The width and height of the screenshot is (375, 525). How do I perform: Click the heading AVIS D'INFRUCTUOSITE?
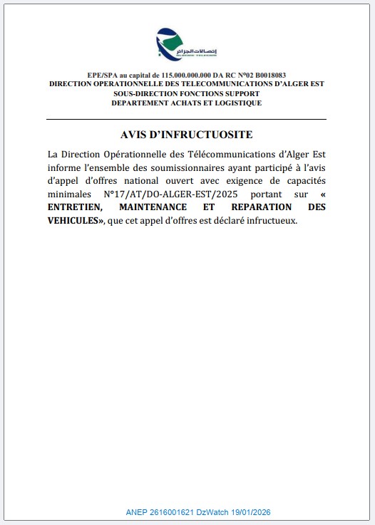(x=187, y=135)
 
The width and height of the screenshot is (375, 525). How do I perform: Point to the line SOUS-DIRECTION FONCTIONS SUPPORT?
(x=187, y=93)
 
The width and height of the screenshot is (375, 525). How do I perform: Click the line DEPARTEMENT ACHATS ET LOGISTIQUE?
(x=187, y=103)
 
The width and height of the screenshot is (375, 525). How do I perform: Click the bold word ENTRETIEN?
(x=76, y=207)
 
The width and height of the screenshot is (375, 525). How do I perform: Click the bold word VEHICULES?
(x=73, y=220)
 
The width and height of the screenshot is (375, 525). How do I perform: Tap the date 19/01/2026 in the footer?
(x=252, y=512)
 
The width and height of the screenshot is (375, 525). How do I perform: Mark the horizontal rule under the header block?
(x=187, y=118)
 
